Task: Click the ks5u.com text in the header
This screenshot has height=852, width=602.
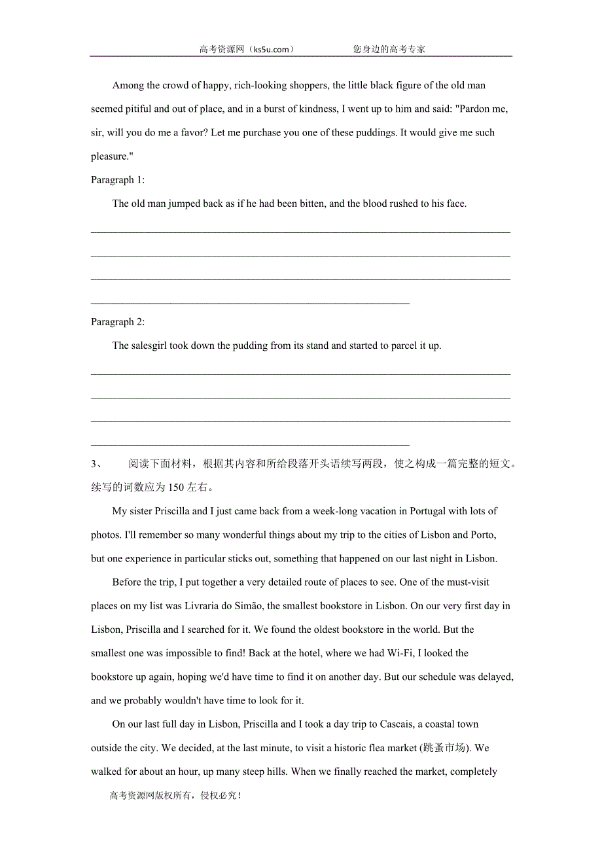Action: pos(270,49)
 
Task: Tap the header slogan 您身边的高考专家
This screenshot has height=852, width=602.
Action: pos(389,49)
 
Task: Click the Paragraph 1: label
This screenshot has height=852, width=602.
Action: pos(118,180)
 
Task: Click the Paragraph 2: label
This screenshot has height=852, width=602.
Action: pos(118,322)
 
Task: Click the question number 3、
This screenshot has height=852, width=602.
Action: pos(97,464)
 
